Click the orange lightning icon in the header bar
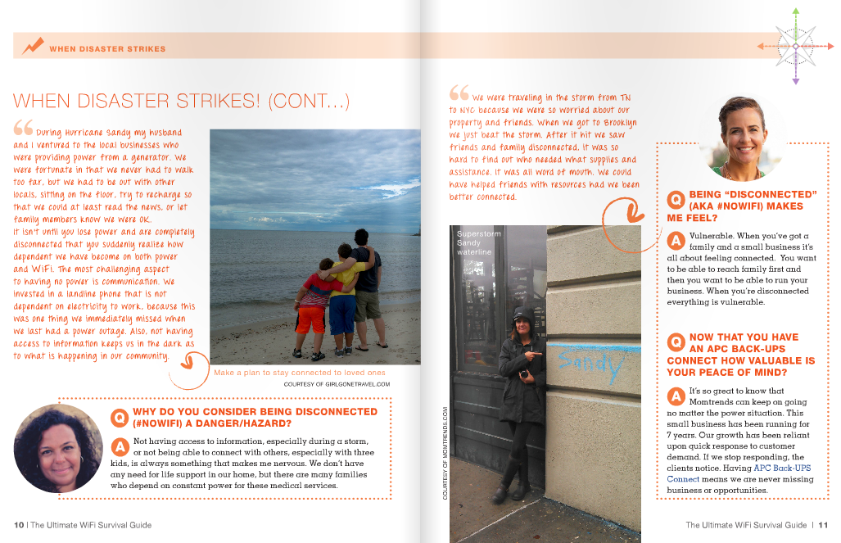pos(34,46)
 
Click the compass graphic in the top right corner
pos(794,46)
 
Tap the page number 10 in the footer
pos(18,525)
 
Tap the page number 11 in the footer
pos(824,525)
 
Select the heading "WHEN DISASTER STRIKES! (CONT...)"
pos(182,101)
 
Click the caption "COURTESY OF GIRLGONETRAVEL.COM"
pos(337,383)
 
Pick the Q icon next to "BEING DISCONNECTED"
pos(676,200)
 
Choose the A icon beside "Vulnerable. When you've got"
pos(676,241)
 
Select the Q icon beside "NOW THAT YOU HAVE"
pos(676,342)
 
